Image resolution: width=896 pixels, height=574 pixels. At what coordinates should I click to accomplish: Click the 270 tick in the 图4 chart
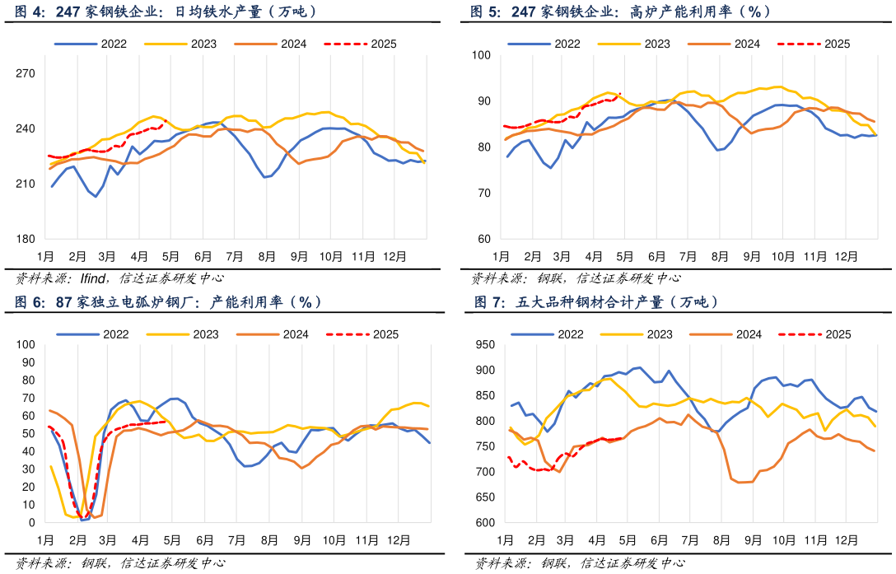click(x=26, y=74)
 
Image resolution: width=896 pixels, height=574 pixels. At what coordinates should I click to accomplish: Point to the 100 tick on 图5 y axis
click(x=480, y=55)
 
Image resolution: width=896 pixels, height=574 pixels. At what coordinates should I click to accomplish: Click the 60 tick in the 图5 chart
click(x=483, y=240)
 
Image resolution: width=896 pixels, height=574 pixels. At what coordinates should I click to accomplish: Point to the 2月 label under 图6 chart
click(x=77, y=539)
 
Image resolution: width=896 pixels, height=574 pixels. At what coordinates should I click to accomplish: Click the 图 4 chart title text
click(x=165, y=12)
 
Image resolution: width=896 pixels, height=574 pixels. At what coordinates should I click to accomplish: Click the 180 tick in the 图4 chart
click(x=26, y=240)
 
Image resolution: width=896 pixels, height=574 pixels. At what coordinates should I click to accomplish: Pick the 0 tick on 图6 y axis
click(x=31, y=523)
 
